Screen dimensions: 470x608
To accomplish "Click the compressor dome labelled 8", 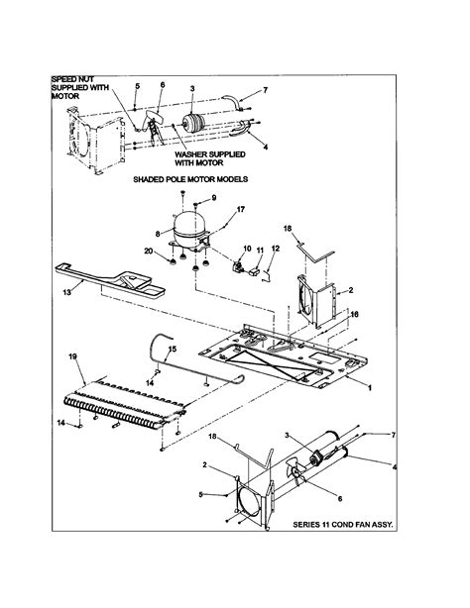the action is [189, 229].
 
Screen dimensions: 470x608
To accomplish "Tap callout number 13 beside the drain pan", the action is [67, 292].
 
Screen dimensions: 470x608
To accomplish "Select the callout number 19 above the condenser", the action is [73, 356].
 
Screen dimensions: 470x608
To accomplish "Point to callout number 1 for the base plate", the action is [370, 387].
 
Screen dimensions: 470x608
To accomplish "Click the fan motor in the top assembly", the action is [193, 123].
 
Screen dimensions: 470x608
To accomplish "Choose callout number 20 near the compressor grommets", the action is [149, 252].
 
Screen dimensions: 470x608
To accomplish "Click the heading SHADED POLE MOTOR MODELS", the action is [190, 179].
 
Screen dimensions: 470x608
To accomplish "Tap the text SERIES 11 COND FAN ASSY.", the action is [343, 525].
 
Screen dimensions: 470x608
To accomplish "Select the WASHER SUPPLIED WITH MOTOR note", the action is [210, 158].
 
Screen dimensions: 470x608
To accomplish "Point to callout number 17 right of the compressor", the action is [241, 209].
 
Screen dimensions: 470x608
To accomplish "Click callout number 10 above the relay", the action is [248, 249].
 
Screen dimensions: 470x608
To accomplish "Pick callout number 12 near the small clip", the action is [275, 249].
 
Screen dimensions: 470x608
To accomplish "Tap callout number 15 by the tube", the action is [173, 349].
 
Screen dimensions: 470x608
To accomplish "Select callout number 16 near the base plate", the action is [354, 315].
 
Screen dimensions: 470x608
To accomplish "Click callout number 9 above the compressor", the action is [213, 198].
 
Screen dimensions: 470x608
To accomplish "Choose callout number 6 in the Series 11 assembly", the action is [340, 499].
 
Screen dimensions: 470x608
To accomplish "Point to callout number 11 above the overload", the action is [260, 251].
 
